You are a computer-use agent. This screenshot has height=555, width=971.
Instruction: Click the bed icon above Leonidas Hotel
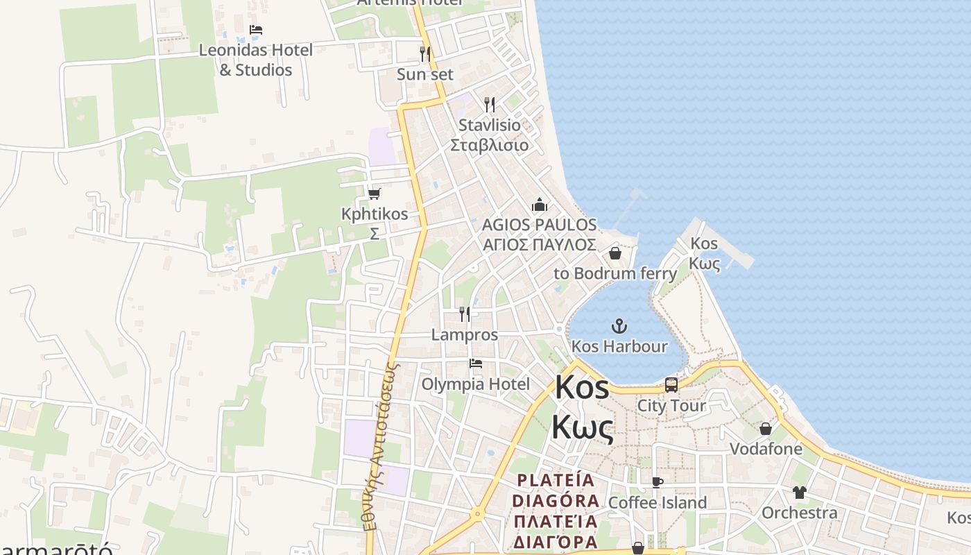[256, 30]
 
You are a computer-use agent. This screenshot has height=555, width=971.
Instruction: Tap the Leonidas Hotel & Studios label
[255, 60]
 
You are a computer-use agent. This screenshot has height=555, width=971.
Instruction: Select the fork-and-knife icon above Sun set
[425, 53]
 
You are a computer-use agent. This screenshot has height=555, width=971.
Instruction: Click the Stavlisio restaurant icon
[490, 105]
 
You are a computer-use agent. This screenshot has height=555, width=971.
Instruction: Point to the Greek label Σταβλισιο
[489, 145]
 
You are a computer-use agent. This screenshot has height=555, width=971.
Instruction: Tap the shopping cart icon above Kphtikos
[375, 194]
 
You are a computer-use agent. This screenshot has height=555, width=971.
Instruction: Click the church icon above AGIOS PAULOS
[539, 205]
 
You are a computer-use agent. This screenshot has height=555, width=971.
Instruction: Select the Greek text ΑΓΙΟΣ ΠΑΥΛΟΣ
[539, 244]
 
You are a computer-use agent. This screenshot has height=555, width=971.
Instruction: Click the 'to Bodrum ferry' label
[615, 273]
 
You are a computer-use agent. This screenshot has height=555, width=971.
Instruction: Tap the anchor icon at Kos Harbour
[619, 325]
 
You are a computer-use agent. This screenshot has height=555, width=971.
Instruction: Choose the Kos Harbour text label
[619, 346]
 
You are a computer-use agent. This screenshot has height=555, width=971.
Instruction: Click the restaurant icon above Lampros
[465, 314]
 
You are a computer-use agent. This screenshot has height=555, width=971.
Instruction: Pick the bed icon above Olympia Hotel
[475, 364]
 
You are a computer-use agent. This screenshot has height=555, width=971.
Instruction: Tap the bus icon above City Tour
[671, 385]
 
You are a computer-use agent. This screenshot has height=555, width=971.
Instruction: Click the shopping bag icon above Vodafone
[766, 429]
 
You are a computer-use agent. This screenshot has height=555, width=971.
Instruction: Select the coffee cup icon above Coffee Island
[657, 482]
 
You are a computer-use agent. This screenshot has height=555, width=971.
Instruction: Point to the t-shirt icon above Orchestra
[800, 493]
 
